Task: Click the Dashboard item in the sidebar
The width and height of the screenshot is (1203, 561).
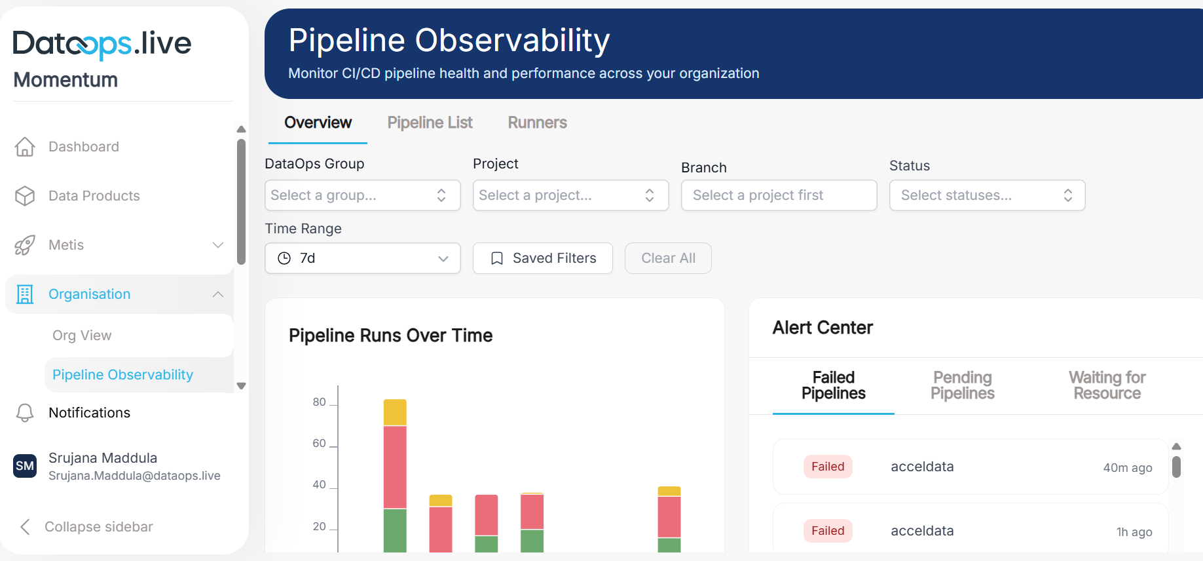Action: click(x=83, y=147)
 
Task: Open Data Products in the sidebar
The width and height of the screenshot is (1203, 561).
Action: click(x=94, y=196)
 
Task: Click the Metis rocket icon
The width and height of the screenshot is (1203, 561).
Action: click(x=25, y=245)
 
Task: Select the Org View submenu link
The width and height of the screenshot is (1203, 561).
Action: click(x=82, y=336)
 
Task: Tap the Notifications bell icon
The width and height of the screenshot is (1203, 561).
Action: click(x=25, y=413)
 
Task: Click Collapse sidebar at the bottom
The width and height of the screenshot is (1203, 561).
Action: click(x=98, y=527)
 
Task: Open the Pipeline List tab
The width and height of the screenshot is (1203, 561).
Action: click(x=430, y=123)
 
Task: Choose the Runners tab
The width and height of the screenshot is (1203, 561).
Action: click(x=537, y=123)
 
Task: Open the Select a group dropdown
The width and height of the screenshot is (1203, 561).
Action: click(x=362, y=195)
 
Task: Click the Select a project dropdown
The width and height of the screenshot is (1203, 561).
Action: click(x=570, y=195)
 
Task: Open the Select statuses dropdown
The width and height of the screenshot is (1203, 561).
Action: click(x=986, y=195)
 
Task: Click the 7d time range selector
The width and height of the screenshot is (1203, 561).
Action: click(x=362, y=258)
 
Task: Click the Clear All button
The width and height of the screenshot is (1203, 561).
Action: click(x=668, y=258)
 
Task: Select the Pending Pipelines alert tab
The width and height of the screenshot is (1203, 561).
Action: click(x=962, y=385)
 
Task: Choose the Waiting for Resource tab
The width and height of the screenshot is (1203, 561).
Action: click(x=1107, y=385)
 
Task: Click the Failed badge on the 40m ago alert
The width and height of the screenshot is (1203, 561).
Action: click(x=828, y=467)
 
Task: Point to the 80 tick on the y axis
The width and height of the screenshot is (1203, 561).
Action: click(x=319, y=402)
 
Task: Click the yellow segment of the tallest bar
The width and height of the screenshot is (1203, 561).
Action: click(x=395, y=412)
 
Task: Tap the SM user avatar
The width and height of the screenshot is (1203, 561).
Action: click(x=25, y=466)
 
